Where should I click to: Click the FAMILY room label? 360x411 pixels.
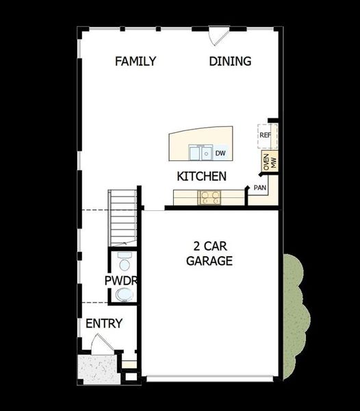pos(136,62)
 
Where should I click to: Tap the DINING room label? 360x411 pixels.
pos(230,62)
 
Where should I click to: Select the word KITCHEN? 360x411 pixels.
pos(201,177)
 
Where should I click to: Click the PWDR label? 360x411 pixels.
pos(122,281)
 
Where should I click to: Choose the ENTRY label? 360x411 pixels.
pos(104,323)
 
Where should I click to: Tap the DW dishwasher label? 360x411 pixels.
pos(220,153)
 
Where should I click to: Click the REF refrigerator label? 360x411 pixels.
pos(266,136)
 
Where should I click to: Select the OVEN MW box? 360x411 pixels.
pos(269,162)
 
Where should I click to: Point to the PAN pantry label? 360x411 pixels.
pos(259,187)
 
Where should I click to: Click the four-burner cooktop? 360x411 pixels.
pos(209,198)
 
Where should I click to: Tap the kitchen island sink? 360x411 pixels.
pos(202,152)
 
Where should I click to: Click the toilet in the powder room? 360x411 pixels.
pos(125,263)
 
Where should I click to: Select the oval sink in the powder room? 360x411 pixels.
pos(125,295)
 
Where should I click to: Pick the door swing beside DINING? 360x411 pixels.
pos(218,36)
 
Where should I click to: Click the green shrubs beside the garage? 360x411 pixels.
pos(296,315)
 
